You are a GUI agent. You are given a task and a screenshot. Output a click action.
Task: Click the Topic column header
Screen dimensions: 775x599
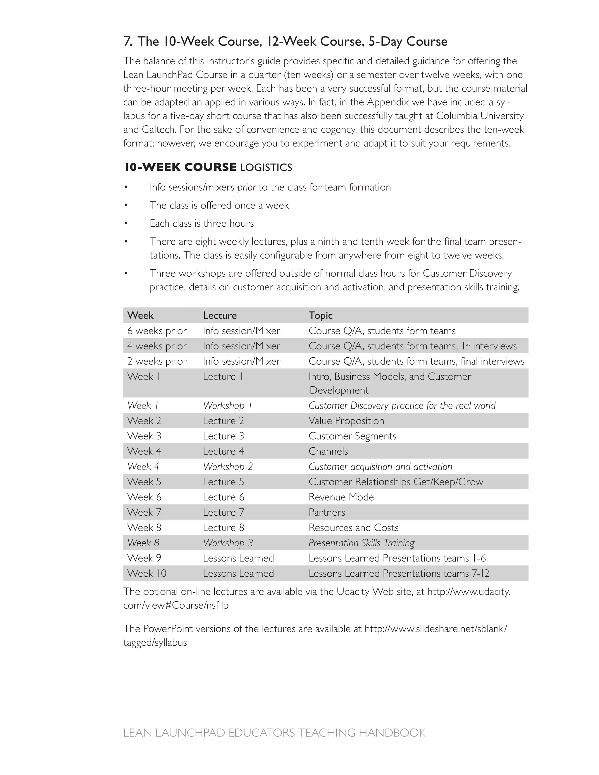321,316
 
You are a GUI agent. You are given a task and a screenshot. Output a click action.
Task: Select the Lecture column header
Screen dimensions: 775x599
220,316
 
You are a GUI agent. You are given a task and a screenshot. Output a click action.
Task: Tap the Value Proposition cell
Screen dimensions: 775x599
346,421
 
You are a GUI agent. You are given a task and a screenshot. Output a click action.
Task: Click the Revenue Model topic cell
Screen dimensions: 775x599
342,497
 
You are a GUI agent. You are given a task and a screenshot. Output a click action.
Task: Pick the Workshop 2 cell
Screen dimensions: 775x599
228,467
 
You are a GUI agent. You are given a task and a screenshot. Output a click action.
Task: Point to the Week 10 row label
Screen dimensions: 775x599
147,573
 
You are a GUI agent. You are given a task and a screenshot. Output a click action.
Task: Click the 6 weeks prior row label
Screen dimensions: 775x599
157,331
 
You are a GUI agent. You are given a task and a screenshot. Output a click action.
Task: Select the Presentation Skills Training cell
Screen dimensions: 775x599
361,543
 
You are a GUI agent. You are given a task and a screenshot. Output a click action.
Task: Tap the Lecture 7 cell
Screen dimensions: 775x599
223,512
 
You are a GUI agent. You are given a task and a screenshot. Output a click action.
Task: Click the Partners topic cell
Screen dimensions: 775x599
326,512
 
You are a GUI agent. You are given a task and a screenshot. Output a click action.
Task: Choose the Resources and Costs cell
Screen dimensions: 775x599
353,528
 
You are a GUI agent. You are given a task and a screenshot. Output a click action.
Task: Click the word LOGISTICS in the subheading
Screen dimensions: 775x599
266,168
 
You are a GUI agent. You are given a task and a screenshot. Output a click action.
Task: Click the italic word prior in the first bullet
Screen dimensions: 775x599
246,187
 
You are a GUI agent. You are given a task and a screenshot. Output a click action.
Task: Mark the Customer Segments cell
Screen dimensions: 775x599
352,436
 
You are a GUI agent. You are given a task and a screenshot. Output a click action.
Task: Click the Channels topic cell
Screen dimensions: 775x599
328,451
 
